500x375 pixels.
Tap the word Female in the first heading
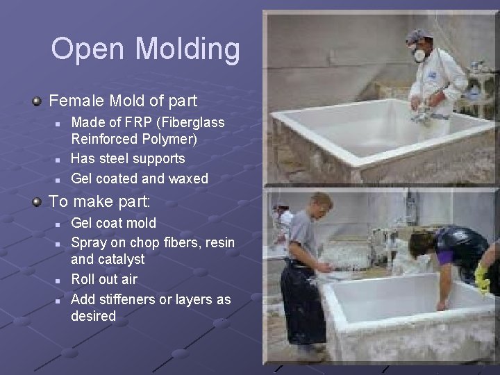pos(73,101)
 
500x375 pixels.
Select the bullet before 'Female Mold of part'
pos(37,101)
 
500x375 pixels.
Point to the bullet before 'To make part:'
pos(37,202)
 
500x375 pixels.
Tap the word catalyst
pos(122,259)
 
